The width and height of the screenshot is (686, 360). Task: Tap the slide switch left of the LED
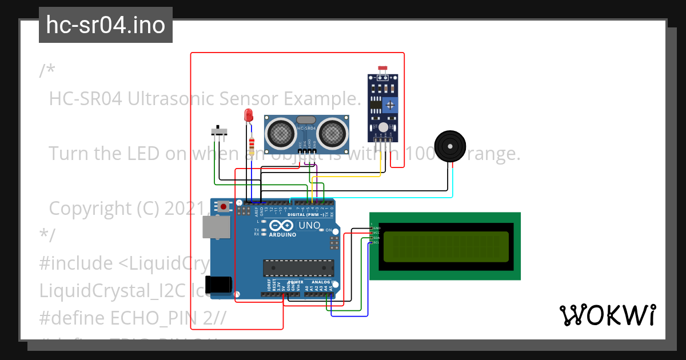pos(219,132)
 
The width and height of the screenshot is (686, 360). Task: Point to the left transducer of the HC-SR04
pos(280,133)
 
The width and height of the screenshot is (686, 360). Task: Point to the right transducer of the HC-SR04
pos(332,133)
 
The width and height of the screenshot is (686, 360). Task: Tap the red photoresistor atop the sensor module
pos(382,69)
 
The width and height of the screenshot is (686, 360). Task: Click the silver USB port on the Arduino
pos(216,227)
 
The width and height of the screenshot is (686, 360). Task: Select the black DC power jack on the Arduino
pos(218,285)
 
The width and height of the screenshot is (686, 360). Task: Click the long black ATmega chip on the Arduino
pos(298,267)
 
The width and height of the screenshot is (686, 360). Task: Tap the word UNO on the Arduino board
pos(309,225)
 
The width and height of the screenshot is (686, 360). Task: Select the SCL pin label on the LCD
pos(376,243)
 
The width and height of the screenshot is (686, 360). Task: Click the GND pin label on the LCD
pos(376,228)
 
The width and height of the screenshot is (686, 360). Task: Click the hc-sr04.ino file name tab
pos(106,25)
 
